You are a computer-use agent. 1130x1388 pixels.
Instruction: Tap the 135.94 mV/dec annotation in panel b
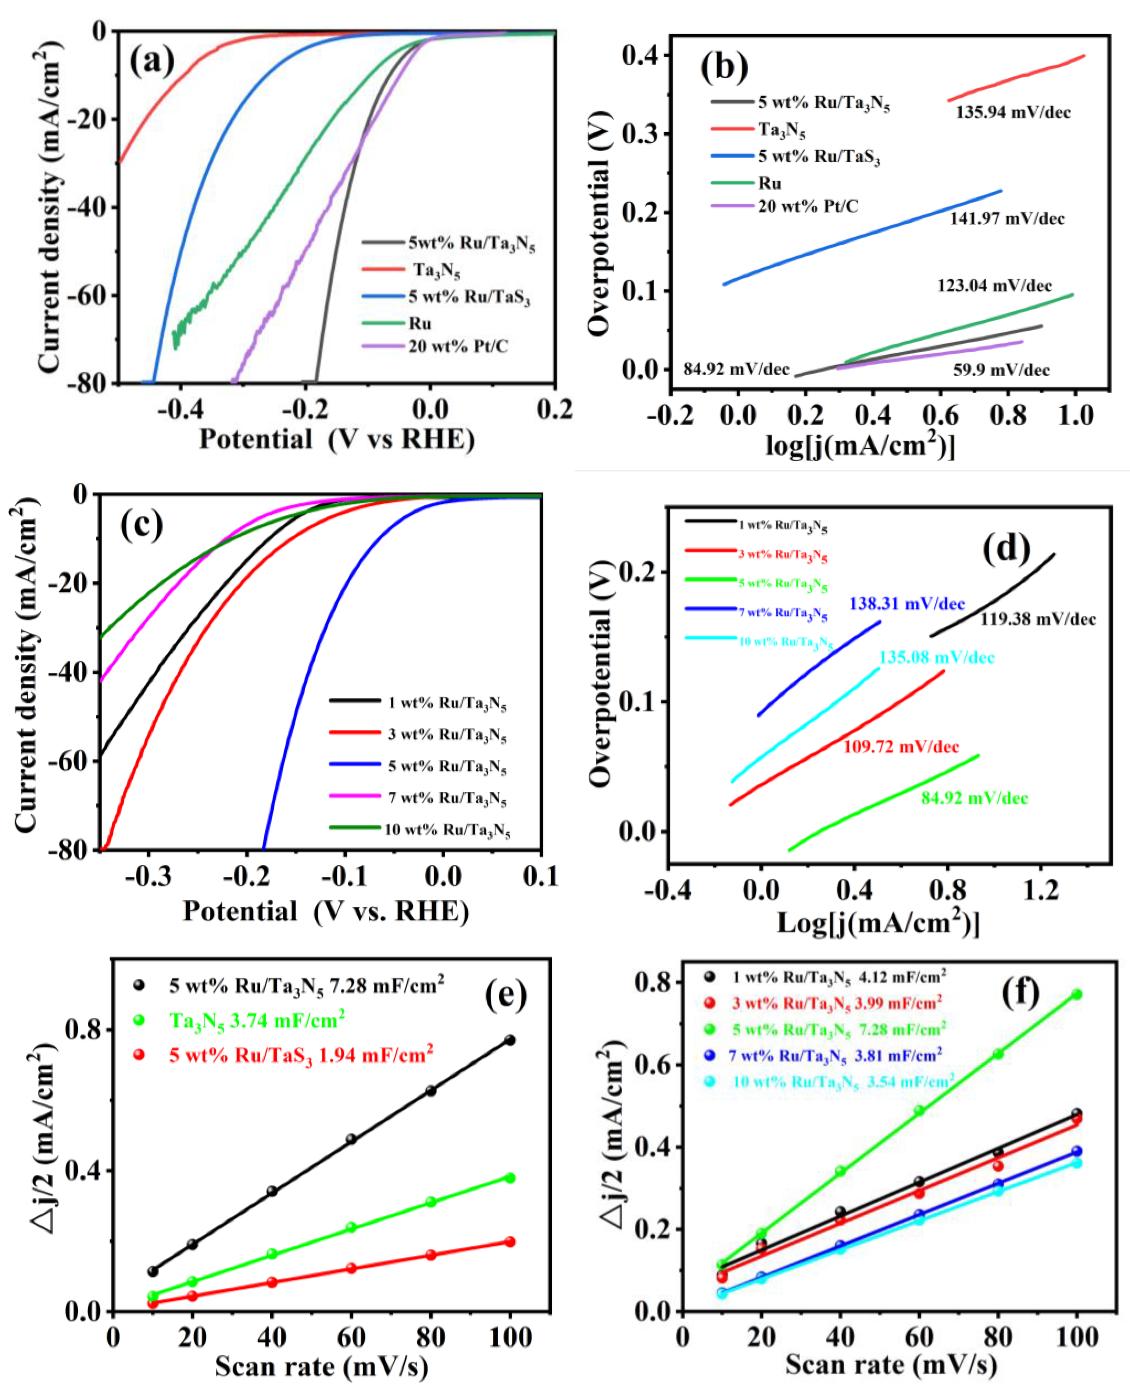(1013, 112)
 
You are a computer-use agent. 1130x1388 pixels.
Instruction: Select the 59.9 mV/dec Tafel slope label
(1001, 370)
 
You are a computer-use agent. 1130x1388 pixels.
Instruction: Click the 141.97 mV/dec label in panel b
(1007, 219)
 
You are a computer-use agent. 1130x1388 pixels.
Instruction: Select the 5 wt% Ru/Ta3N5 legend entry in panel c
(447, 767)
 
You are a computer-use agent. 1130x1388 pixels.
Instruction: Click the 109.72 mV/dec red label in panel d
(901, 746)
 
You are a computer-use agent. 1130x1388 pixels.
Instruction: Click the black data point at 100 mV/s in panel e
(509, 1040)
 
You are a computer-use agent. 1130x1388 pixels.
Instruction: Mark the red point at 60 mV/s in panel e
(351, 1268)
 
